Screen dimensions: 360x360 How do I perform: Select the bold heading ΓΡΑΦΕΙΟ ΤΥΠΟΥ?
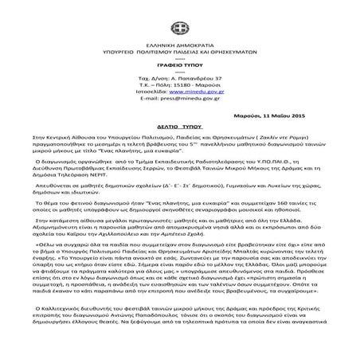pos(180,45)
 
